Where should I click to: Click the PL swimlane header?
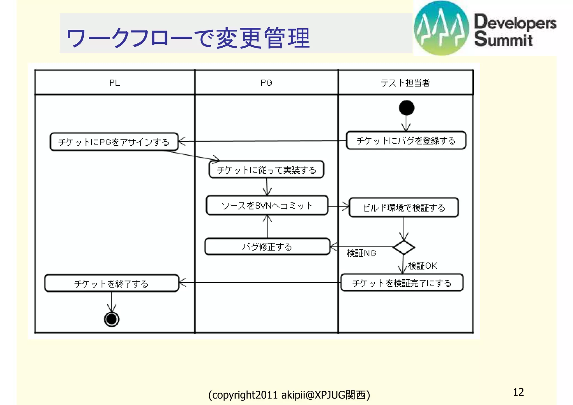coord(114,83)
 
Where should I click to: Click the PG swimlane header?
coord(266,83)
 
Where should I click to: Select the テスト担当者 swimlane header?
coord(405,83)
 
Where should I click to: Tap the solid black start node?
coord(407,108)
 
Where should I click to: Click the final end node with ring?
coord(112,319)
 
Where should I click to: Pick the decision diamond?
coord(403,247)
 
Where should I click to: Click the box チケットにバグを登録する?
coord(406,141)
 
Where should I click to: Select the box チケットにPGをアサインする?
coord(114,142)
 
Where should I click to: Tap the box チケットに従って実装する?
coord(266,170)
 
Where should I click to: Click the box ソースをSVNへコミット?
coord(267,206)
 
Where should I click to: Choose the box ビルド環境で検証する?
coord(403,208)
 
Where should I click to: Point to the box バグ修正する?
coord(267,247)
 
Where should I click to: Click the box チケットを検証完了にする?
coord(402,283)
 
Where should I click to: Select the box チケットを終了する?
coord(111,284)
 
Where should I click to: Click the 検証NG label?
coord(361,253)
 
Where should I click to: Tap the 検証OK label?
coord(422,266)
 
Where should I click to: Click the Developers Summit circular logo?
coord(441,28)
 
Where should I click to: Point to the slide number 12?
coord(518,392)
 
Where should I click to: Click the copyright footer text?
coord(289,395)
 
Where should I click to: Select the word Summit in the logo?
coord(503,39)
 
